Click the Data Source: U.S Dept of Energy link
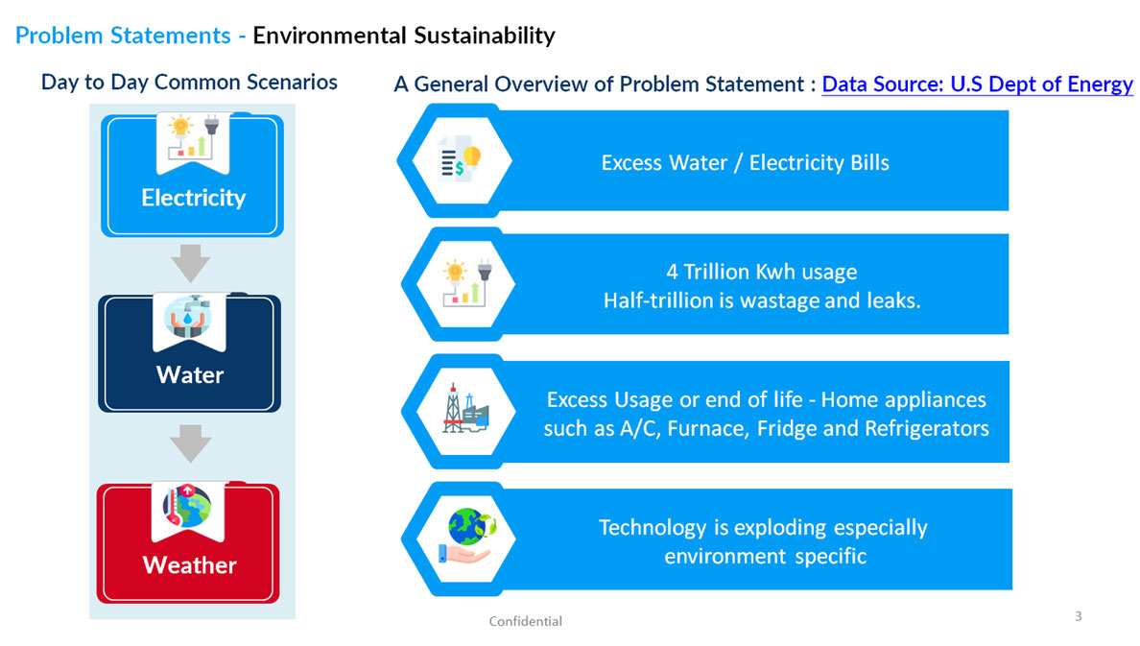click(977, 84)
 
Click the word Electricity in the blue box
click(194, 198)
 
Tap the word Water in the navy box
click(190, 374)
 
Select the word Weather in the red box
click(190, 564)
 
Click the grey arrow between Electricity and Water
click(191, 263)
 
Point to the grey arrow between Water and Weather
click(191, 443)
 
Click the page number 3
click(1079, 616)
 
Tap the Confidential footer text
click(525, 621)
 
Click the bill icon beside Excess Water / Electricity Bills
click(461, 160)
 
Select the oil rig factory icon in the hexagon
click(465, 409)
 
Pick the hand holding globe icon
click(466, 537)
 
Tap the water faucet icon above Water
click(188, 318)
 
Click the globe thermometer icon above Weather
click(187, 506)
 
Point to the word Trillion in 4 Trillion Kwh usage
click(716, 272)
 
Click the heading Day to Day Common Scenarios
click(189, 83)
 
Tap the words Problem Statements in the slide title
click(123, 36)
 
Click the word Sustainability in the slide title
click(485, 36)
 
